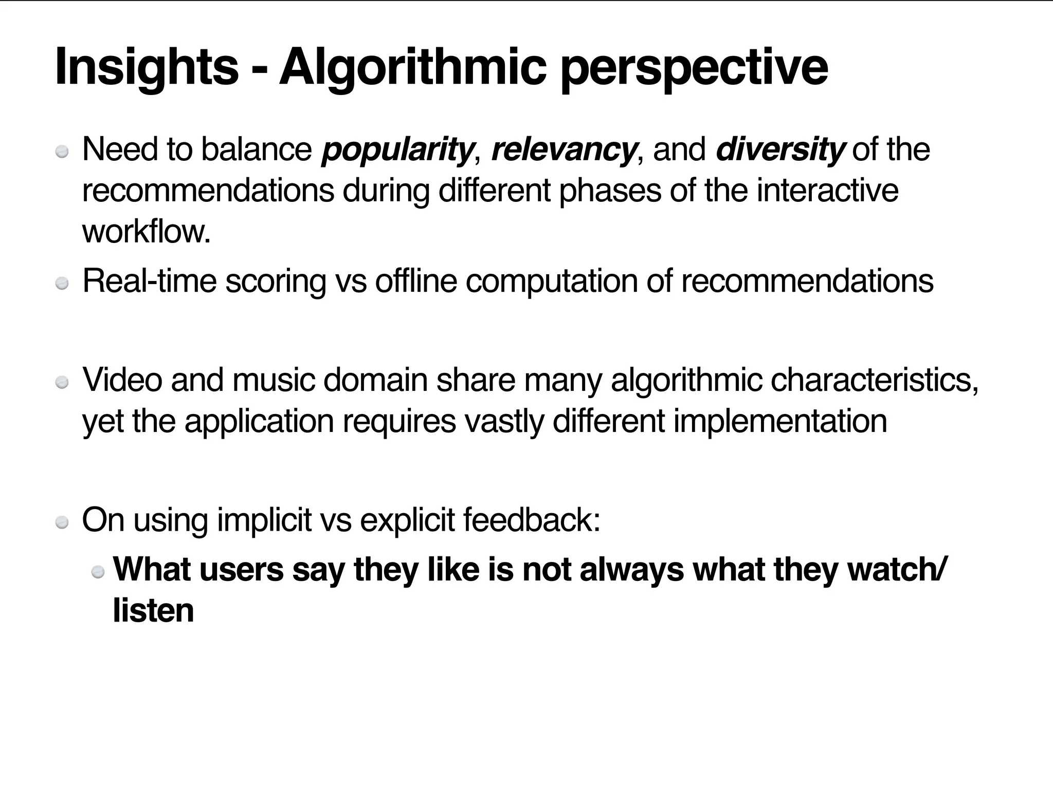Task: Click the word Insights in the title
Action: tap(147, 67)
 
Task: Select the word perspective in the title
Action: tap(694, 67)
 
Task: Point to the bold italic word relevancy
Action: tap(564, 149)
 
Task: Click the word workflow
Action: tap(147, 232)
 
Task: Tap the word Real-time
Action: tap(149, 281)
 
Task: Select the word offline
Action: tap(416, 281)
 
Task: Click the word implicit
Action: tap(264, 519)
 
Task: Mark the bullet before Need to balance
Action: tap(62, 152)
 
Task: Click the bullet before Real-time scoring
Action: tap(62, 284)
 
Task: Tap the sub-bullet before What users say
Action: tap(98, 572)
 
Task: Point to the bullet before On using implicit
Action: tap(62, 522)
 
